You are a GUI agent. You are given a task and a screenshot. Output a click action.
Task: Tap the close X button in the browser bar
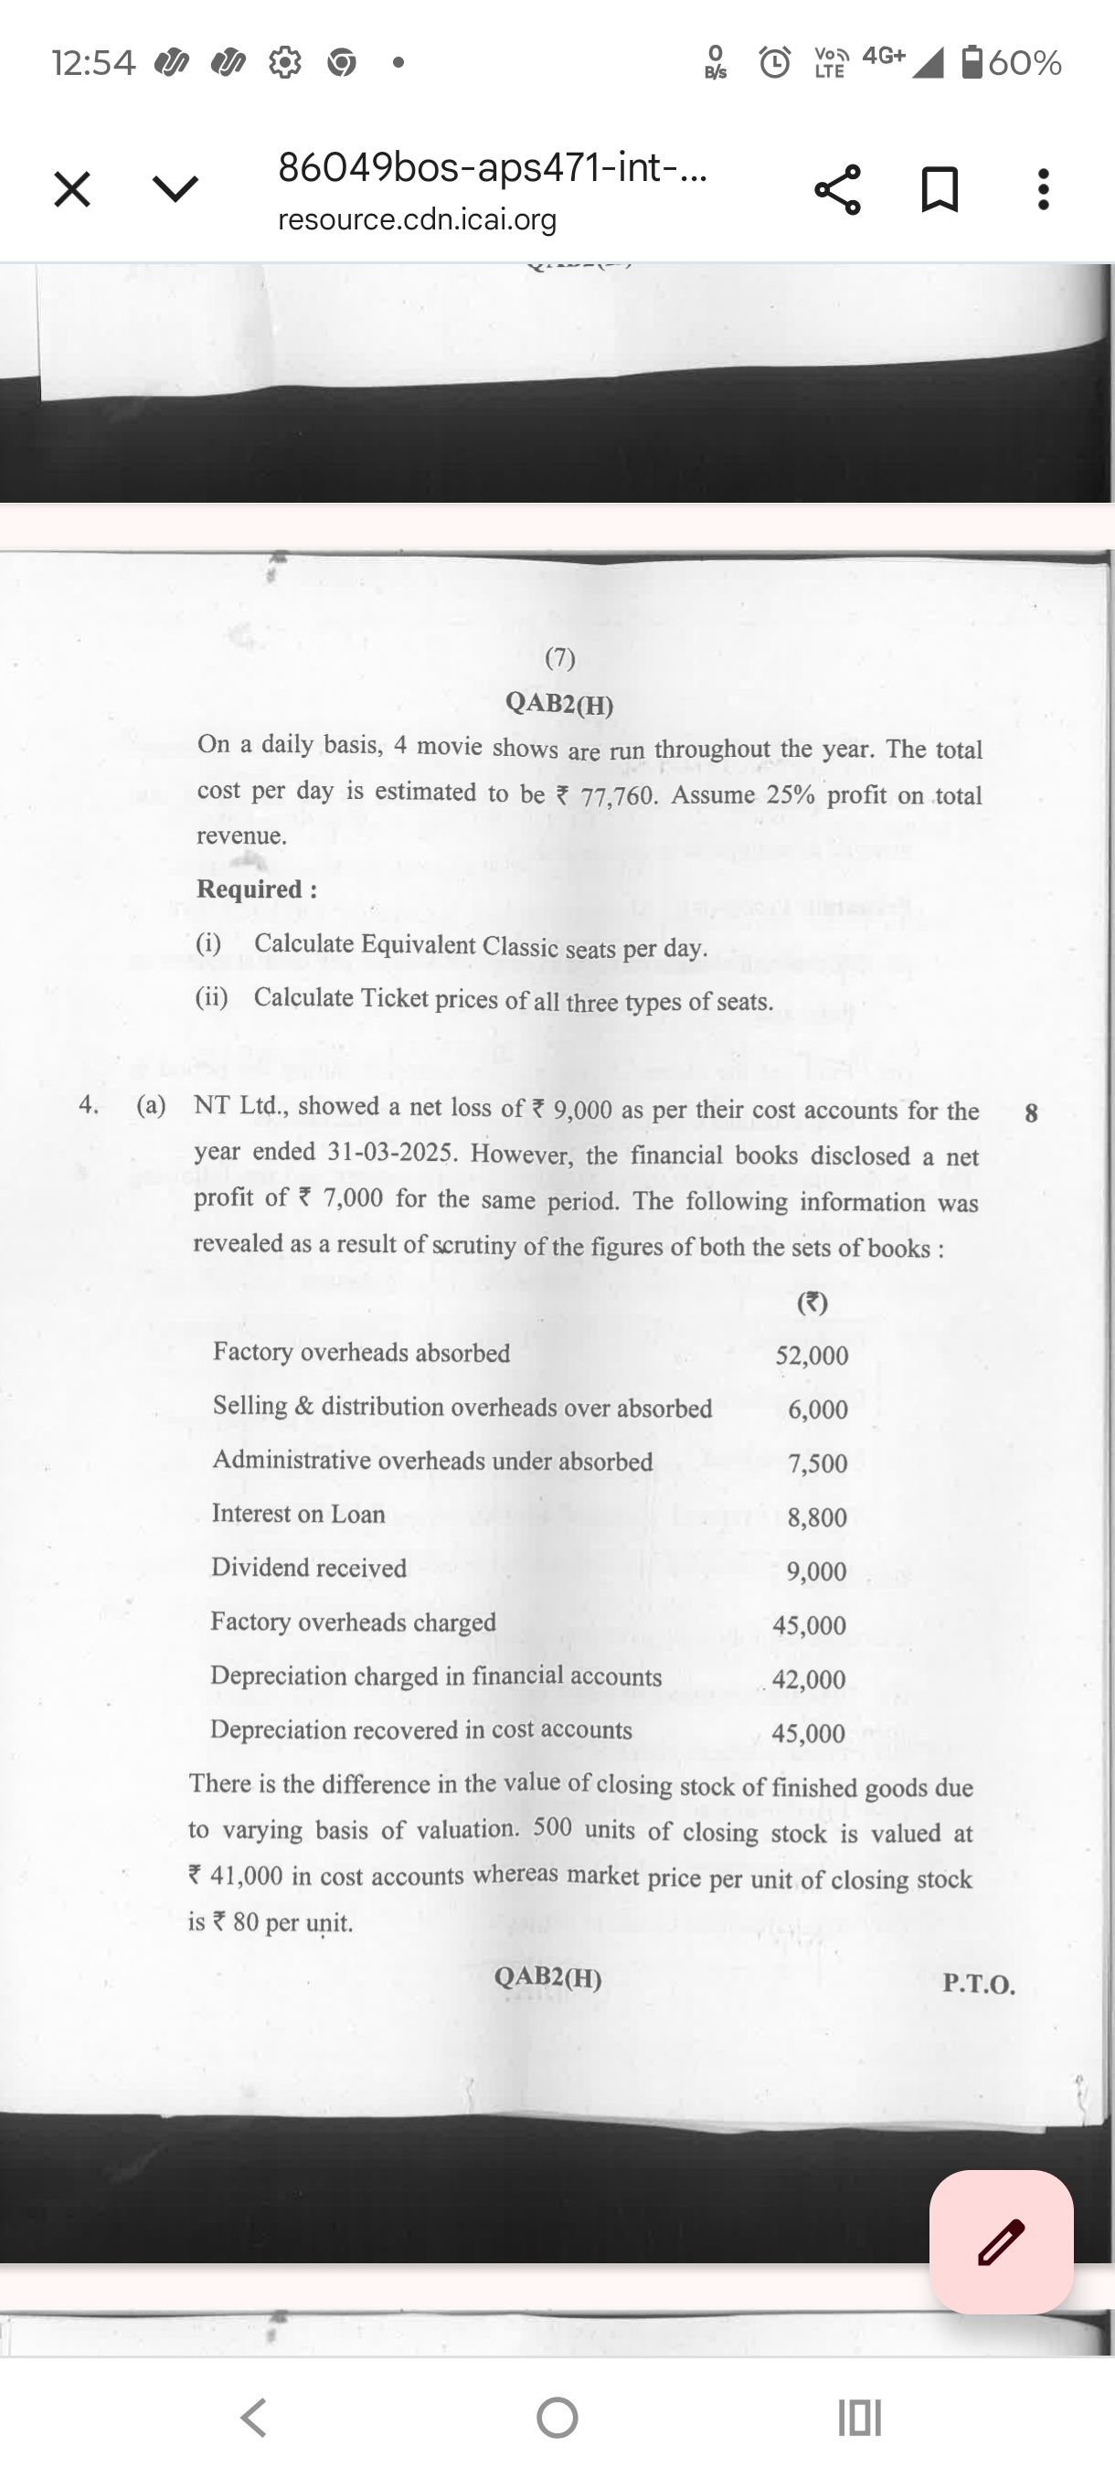[x=72, y=188]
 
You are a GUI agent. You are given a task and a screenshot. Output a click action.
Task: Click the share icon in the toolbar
[x=837, y=188]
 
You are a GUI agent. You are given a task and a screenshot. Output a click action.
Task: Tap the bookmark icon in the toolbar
[x=939, y=188]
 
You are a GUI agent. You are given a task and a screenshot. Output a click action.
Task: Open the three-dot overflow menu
[x=1043, y=188]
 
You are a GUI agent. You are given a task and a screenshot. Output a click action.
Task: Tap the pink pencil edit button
[x=1001, y=2241]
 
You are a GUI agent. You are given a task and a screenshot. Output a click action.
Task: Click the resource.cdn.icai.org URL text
[x=417, y=220]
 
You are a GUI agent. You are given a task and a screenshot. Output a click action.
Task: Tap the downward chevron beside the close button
[x=175, y=188]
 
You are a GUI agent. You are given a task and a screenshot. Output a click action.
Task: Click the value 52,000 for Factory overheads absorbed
[x=812, y=1355]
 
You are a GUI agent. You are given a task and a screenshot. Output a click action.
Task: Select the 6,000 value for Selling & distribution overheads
[x=818, y=1409]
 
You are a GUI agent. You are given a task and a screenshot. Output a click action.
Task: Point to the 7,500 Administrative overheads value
[x=818, y=1463]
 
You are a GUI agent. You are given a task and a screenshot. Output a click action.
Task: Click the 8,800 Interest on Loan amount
[x=817, y=1516]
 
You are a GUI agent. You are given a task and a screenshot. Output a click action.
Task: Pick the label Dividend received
[x=309, y=1568]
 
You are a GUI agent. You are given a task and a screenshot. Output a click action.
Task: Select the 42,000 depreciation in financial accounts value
[x=809, y=1679]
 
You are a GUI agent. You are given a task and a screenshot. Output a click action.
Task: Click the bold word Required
[x=257, y=889]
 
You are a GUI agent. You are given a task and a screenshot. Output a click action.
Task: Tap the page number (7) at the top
[x=560, y=658]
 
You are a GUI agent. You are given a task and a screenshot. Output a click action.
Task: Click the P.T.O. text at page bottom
[x=979, y=1984]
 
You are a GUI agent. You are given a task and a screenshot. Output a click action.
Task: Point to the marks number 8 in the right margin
[x=1031, y=1113]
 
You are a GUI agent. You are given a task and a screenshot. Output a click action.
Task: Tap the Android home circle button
[x=557, y=2417]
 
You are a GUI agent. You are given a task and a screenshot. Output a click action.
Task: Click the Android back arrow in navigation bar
[x=253, y=2417]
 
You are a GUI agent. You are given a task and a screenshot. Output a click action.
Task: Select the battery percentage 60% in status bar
[x=1025, y=63]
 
